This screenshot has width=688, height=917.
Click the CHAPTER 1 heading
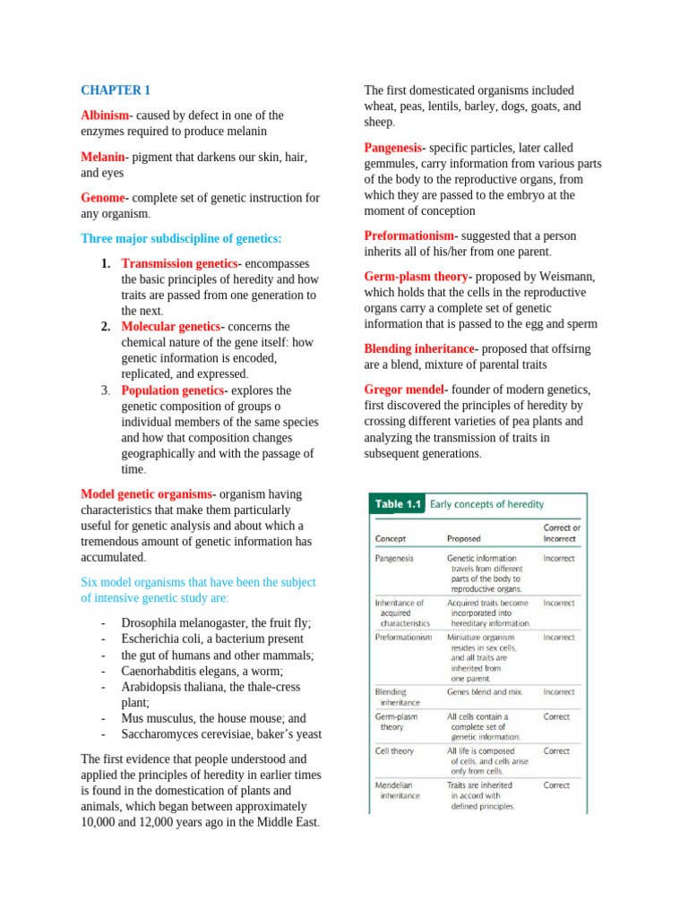(116, 90)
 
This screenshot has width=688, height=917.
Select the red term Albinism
(105, 116)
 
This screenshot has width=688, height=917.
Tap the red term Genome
(104, 198)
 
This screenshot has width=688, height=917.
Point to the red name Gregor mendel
(404, 390)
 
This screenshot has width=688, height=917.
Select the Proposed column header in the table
(463, 539)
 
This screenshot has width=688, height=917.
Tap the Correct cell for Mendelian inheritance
(556, 785)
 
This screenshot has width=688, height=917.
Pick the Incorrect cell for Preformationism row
(559, 638)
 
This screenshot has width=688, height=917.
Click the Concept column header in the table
(391, 539)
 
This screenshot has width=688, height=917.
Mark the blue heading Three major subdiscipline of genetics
(181, 239)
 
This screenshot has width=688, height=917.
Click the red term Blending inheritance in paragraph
(420, 348)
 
